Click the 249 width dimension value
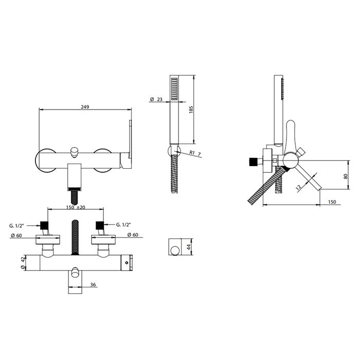[85, 107]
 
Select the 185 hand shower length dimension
[191, 109]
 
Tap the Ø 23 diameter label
[156, 99]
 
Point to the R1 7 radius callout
[195, 153]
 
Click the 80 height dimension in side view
[346, 176]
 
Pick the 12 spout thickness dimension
[299, 187]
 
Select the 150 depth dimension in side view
[332, 202]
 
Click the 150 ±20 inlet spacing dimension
[76, 207]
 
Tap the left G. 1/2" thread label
[16, 225]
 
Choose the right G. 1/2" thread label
[123, 225]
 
